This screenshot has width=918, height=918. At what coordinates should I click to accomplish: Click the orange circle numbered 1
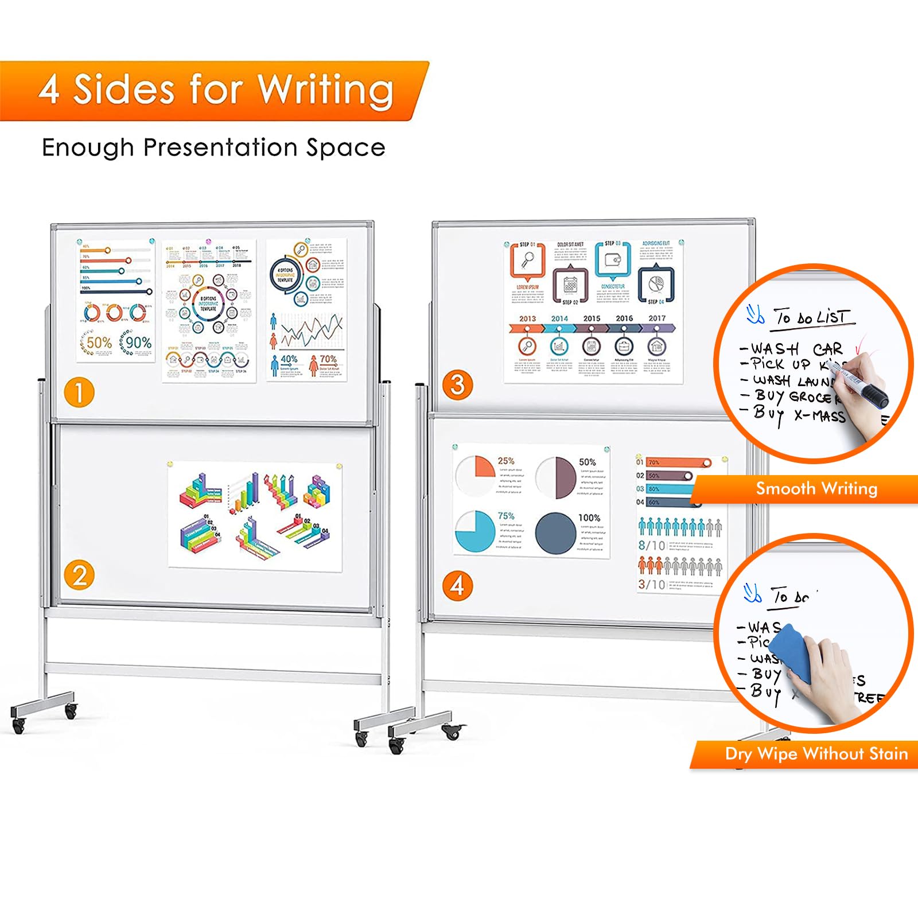79,393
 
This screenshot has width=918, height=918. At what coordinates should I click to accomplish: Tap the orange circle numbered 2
79,575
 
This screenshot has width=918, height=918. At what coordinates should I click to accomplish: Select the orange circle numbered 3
457,385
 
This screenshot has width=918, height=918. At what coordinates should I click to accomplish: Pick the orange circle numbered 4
457,586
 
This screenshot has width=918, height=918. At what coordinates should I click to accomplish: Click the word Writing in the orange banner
325,90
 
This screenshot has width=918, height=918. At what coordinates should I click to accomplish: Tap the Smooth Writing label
816,489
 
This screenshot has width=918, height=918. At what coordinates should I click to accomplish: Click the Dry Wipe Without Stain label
816,753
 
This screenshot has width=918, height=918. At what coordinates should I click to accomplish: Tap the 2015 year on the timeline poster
592,318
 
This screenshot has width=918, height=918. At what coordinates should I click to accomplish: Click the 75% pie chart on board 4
475,531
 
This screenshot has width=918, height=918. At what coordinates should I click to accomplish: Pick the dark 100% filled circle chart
555,533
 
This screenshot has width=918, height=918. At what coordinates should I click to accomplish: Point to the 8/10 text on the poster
651,545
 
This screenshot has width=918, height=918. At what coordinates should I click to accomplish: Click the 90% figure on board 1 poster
138,343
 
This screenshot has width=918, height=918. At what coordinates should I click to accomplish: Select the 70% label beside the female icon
328,359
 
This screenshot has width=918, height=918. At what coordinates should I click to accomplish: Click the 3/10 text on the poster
651,584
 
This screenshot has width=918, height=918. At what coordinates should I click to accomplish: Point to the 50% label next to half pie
587,462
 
